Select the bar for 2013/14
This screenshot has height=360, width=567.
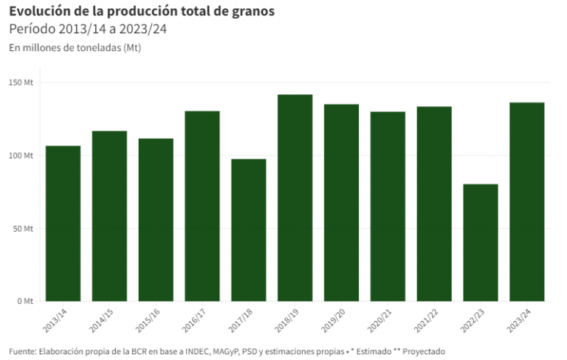click(63, 224)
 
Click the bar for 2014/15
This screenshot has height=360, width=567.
click(109, 216)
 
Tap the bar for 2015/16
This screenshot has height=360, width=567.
click(156, 220)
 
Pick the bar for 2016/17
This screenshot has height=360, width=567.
click(202, 206)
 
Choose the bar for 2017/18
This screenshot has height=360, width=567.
click(249, 230)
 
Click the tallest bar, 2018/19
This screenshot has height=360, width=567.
click(295, 198)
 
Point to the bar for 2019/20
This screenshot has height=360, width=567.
click(341, 203)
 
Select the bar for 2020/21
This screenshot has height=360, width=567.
click(388, 207)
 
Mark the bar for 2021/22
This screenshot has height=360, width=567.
click(434, 204)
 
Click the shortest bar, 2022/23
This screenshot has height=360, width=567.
click(481, 243)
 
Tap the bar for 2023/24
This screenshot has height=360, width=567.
click(527, 201)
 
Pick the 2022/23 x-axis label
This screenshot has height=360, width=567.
click(477, 321)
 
